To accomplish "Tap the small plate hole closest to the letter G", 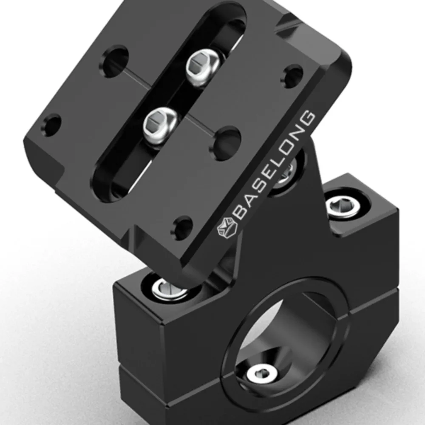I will pos(293,76).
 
